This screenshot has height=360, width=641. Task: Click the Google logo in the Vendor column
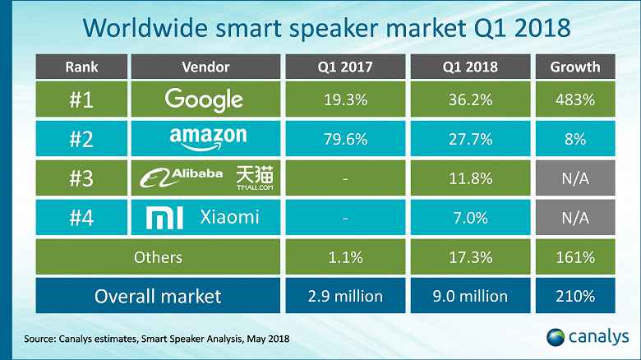(x=203, y=100)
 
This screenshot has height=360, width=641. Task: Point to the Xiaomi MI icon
(x=159, y=217)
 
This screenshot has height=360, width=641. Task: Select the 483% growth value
(x=575, y=100)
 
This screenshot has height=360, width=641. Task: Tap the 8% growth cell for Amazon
(x=575, y=140)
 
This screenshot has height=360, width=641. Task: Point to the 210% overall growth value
(x=575, y=296)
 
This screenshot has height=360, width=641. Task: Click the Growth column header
(x=575, y=67)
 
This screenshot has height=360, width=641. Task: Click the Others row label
(x=159, y=257)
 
